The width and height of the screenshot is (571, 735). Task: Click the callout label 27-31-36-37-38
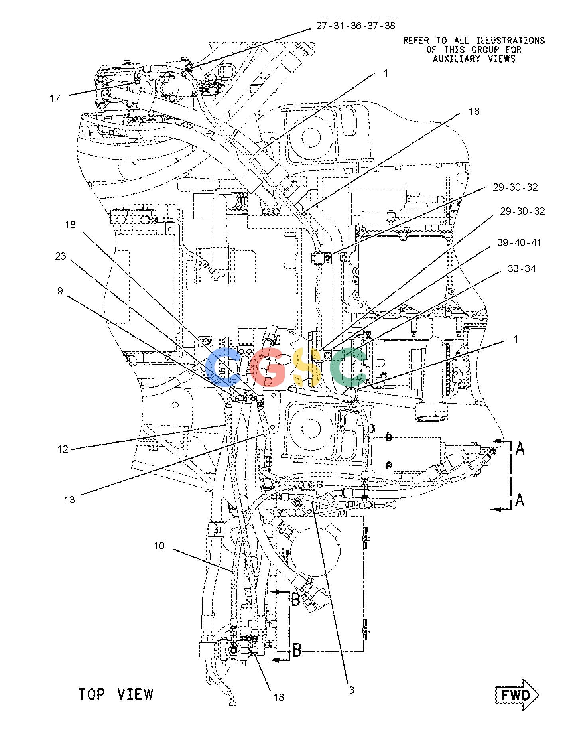(x=356, y=26)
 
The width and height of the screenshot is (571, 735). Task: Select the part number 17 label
(x=55, y=98)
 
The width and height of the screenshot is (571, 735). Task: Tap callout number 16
(x=474, y=111)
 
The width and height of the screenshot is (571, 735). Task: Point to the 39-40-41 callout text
(x=519, y=242)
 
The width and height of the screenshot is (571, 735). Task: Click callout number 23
(x=60, y=256)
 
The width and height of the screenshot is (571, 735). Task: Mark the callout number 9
(x=60, y=291)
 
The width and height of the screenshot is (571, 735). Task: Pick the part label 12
(x=63, y=449)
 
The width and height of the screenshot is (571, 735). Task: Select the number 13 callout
(x=69, y=499)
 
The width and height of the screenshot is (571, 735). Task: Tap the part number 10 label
(x=159, y=546)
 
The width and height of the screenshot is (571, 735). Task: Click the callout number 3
(x=351, y=690)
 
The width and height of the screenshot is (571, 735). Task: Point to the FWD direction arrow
(x=517, y=695)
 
